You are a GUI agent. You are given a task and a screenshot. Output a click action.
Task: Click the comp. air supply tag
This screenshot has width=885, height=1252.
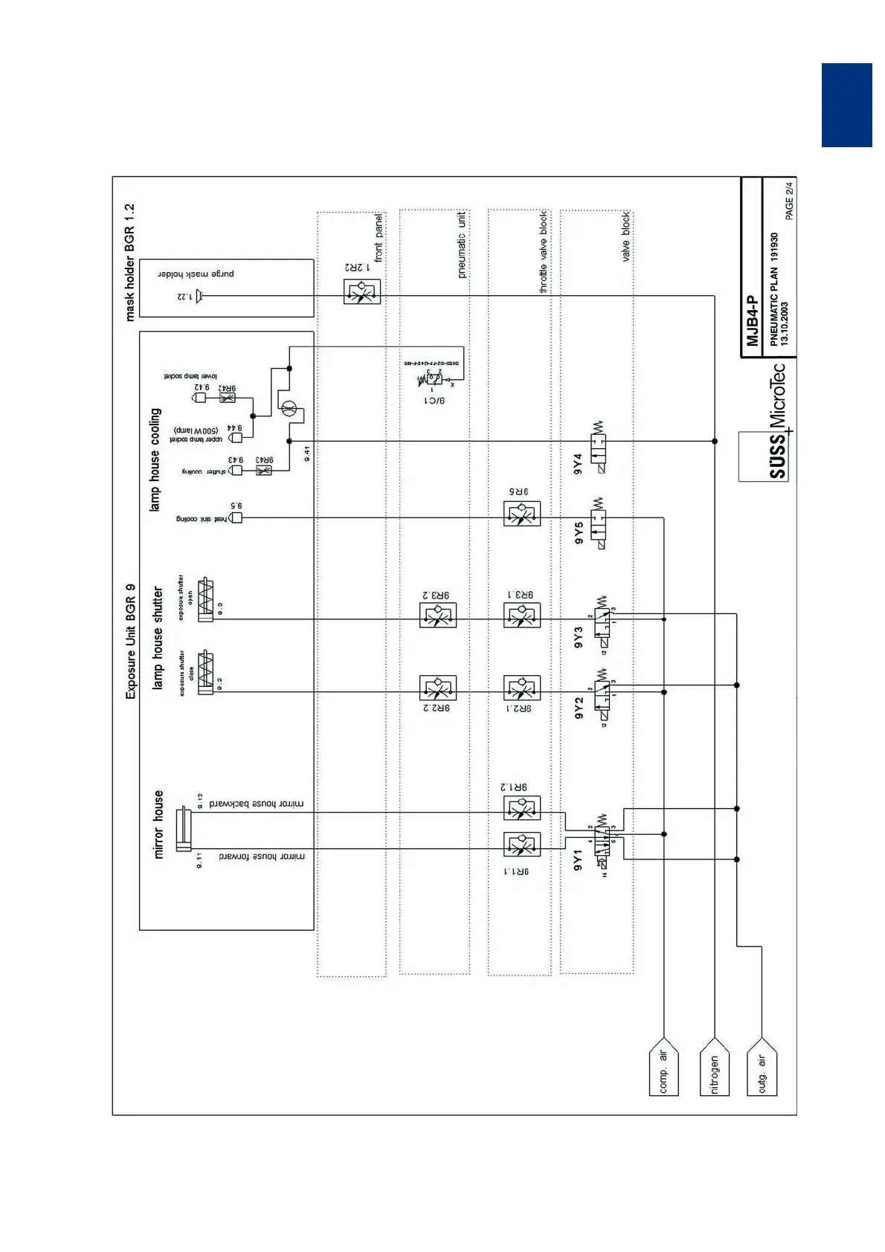663,1071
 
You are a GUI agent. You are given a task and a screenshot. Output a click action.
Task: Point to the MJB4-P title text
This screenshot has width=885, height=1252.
752,321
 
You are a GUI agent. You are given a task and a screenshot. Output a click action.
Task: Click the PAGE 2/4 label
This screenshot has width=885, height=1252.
789,200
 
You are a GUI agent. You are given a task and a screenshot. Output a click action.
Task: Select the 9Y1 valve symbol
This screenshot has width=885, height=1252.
603,839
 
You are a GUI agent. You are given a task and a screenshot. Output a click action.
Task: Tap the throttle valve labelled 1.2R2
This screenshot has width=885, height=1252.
362,291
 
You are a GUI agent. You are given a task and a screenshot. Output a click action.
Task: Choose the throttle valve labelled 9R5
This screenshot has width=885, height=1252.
521,514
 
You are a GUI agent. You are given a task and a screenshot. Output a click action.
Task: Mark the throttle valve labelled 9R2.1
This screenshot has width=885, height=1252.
521,688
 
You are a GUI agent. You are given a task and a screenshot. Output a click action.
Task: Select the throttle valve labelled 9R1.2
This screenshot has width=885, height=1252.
521,807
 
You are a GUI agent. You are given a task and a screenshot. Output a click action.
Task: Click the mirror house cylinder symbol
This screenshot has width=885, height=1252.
182,830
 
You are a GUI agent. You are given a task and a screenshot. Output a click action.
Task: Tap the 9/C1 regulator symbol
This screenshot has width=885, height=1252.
434,380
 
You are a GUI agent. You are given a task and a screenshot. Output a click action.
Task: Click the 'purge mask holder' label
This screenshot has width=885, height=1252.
196,274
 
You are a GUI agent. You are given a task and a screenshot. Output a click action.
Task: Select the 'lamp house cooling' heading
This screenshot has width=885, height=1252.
155,459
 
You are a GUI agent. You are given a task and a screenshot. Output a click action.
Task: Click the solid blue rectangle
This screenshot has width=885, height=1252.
846,105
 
